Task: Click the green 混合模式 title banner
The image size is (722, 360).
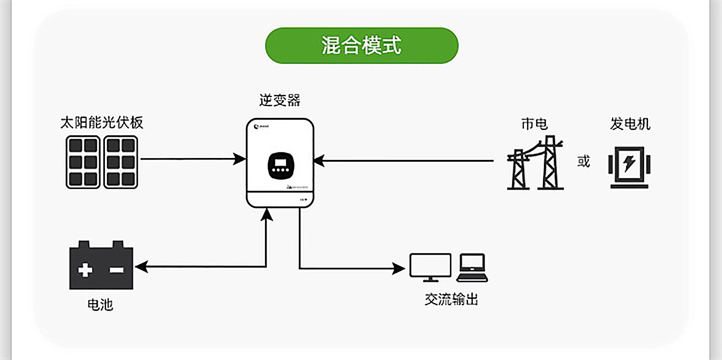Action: pos(361,46)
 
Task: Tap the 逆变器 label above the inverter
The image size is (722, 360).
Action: pos(280,100)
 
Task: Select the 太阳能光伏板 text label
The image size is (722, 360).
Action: pos(102,123)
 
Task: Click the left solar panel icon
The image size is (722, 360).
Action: pos(83,162)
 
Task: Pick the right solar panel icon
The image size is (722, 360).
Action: pos(121,162)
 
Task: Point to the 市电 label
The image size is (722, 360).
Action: pos(534,124)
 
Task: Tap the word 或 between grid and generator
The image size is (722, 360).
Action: pos(584,161)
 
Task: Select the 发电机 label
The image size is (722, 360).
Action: pos(630,124)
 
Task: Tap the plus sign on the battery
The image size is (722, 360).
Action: pos(85,270)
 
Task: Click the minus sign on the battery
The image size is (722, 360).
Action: pos(117,270)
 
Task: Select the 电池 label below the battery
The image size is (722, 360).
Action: pos(100,305)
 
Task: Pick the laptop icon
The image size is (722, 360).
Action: pos(472,267)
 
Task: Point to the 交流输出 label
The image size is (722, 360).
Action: pos(451,299)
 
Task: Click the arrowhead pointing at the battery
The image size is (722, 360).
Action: pos(141,267)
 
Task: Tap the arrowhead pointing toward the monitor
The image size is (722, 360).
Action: pos(399,269)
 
